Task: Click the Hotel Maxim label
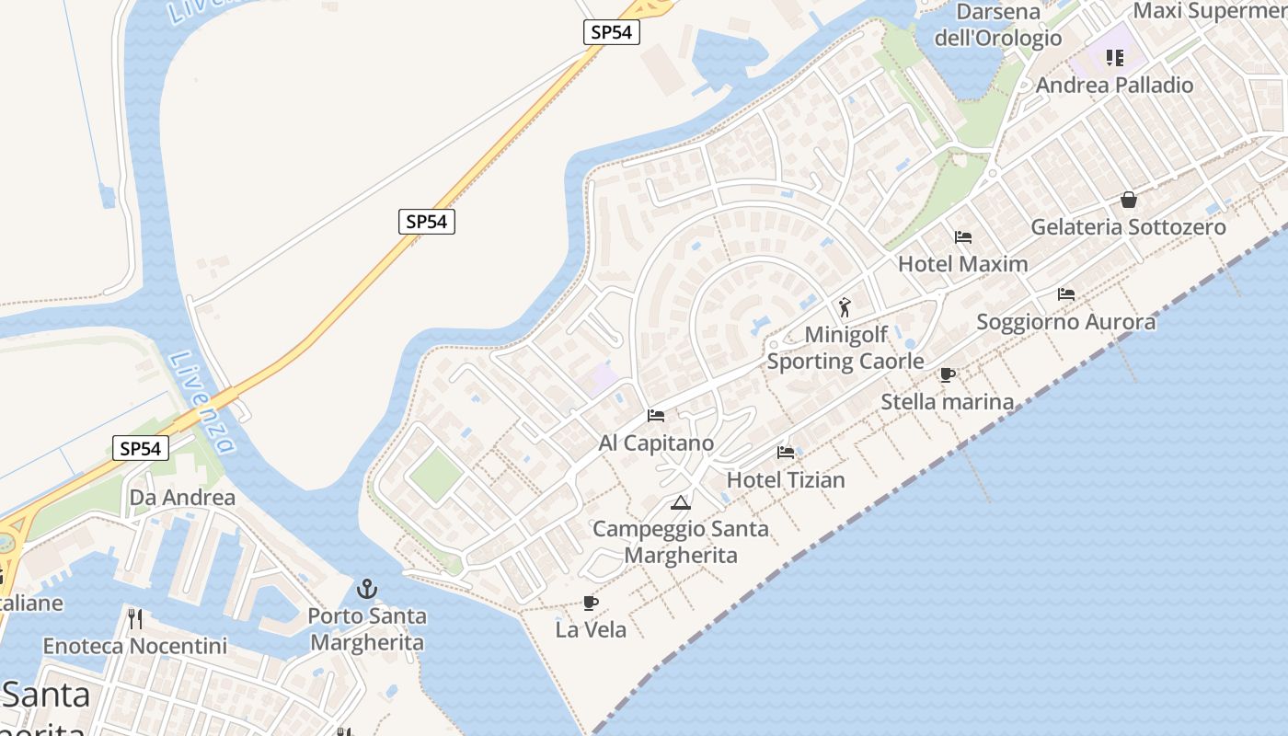pyautogui.click(x=962, y=264)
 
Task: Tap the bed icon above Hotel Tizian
pyautogui.click(x=786, y=453)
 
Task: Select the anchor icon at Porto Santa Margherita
pyautogui.click(x=367, y=589)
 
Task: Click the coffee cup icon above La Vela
pyautogui.click(x=591, y=604)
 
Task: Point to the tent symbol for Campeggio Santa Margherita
pyautogui.click(x=680, y=502)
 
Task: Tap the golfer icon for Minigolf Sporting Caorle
pyautogui.click(x=845, y=307)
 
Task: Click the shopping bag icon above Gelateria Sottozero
pyautogui.click(x=1128, y=200)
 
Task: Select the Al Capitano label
pyautogui.click(x=656, y=443)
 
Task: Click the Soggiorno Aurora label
pyautogui.click(x=1065, y=322)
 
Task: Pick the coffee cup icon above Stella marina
pyautogui.click(x=948, y=374)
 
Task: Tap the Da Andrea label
pyautogui.click(x=182, y=498)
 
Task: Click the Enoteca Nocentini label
pyautogui.click(x=134, y=646)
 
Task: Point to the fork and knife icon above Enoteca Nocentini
pyautogui.click(x=135, y=618)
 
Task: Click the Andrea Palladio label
pyautogui.click(x=1114, y=86)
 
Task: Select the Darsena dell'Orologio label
pyautogui.click(x=998, y=25)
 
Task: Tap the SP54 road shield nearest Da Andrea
pyautogui.click(x=141, y=449)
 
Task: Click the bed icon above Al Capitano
pyautogui.click(x=656, y=416)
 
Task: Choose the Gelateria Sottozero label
pyautogui.click(x=1128, y=227)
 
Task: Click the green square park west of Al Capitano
pyautogui.click(x=435, y=476)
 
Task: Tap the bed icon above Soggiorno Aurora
pyautogui.click(x=1066, y=294)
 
